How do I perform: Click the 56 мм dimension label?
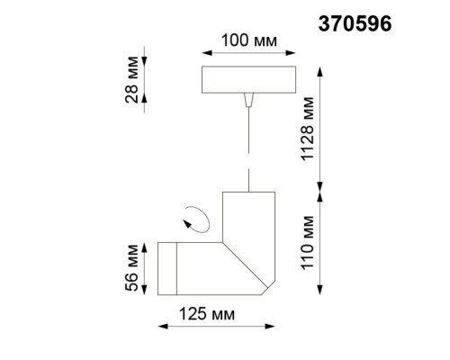coord(132,268)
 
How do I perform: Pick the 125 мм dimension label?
coord(204,314)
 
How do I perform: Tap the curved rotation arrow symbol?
coord(195,217)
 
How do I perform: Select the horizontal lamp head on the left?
coord(184,268)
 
